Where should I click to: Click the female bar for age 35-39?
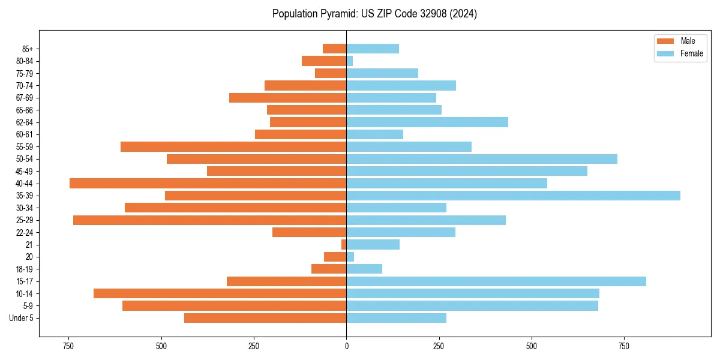coord(513,196)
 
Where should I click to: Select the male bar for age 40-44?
coord(208,184)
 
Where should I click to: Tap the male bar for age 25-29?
coord(210,220)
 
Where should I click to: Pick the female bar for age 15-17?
coord(496,281)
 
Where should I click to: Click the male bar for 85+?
coord(335,49)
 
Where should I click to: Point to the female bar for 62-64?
coord(427,122)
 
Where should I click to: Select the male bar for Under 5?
coord(265,318)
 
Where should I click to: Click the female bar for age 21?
coord(373,245)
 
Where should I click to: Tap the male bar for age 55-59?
coord(233,147)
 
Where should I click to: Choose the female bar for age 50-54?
coord(482,159)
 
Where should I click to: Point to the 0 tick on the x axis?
coord(346,347)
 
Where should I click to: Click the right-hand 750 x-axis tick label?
coord(624,347)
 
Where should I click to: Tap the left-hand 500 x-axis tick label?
coord(161,347)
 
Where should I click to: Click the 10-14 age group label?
coord(24,294)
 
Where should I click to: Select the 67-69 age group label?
coord(24,98)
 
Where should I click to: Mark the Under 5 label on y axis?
coord(22,318)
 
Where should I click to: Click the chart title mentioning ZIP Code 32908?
coord(374,14)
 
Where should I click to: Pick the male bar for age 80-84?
coord(324,61)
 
